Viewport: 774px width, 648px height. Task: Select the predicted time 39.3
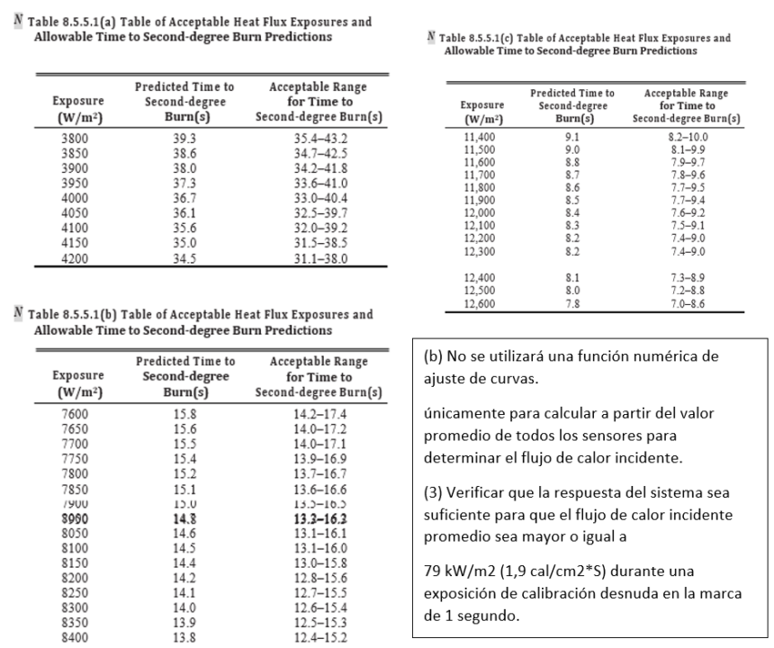tap(183, 139)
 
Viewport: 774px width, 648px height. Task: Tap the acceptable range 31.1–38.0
tap(319, 257)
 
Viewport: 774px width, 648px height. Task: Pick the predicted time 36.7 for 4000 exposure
tap(183, 198)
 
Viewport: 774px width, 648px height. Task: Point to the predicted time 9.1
tap(562, 137)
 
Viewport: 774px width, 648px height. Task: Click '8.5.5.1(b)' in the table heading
tap(81, 314)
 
